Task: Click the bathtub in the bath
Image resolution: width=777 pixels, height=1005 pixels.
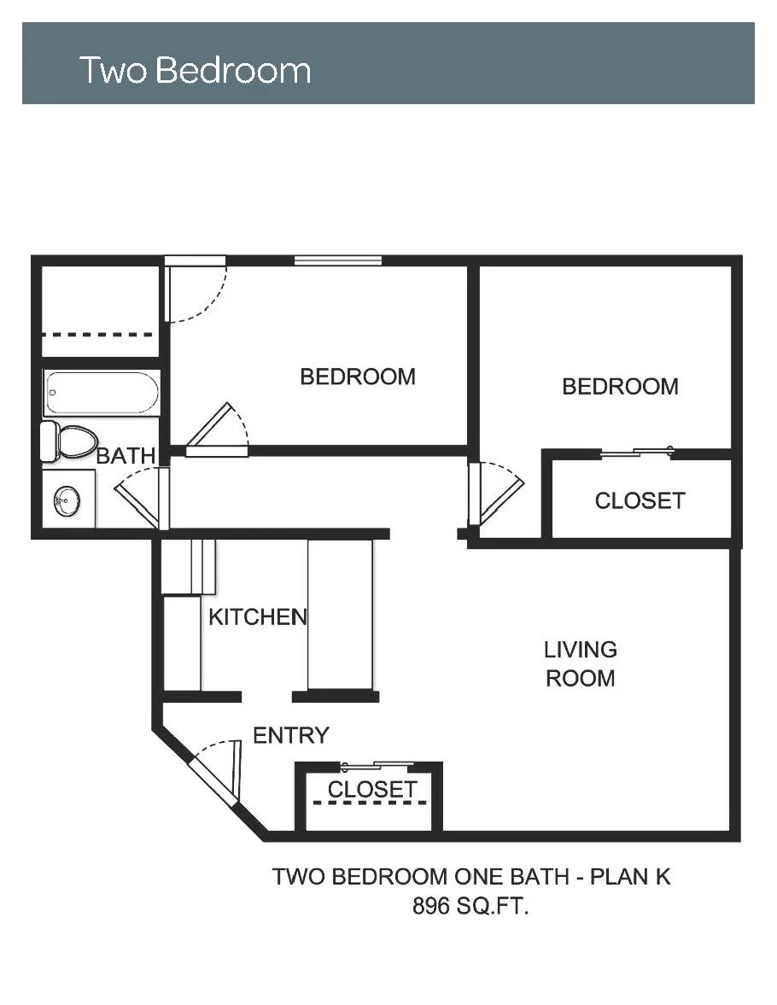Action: point(102,393)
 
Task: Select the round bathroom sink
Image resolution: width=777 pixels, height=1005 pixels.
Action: point(67,500)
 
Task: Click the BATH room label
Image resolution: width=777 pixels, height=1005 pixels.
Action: point(126,456)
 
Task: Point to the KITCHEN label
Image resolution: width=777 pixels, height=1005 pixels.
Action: point(258,616)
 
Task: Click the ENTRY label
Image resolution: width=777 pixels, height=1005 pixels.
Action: point(291,735)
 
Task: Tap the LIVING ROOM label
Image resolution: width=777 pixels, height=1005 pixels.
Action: point(580,663)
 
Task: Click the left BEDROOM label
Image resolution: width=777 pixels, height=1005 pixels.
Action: point(358,377)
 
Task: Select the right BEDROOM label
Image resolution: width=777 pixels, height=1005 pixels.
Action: point(620,387)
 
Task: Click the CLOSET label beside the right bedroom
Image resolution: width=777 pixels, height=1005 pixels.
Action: point(640,500)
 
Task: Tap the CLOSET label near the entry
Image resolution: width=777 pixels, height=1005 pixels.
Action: point(372,789)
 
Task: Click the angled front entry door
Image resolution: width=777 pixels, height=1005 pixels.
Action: point(214,780)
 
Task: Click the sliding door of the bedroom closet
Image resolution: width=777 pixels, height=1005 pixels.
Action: point(637,453)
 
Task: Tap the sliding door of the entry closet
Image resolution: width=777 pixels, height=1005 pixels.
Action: point(377,765)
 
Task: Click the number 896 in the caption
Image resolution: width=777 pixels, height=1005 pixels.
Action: point(431,906)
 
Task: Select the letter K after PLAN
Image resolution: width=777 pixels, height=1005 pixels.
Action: point(663,876)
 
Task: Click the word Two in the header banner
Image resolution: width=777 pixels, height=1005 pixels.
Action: point(114,70)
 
